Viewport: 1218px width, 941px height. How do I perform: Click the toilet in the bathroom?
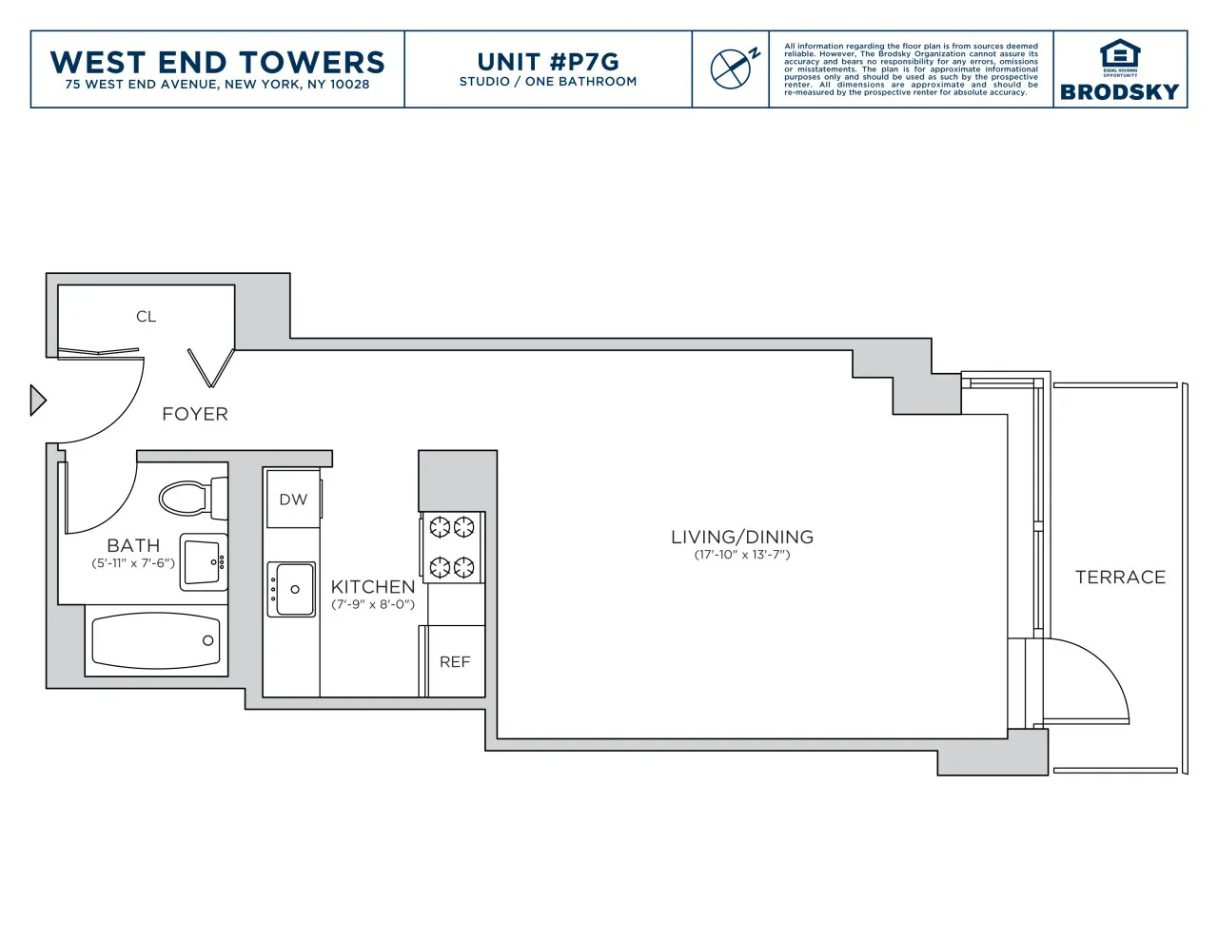click(x=190, y=498)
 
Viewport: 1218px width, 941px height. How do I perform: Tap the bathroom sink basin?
click(x=203, y=561)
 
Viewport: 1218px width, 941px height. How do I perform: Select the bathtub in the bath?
click(x=156, y=641)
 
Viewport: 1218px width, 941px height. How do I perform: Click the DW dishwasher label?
click(x=293, y=500)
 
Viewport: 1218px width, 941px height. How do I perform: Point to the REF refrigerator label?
click(x=455, y=662)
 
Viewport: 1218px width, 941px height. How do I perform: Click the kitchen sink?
click(x=292, y=589)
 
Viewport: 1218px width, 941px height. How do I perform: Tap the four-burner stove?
click(x=452, y=547)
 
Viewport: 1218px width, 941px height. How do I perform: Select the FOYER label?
click(x=195, y=414)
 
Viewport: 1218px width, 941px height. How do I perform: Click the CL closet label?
click(x=146, y=317)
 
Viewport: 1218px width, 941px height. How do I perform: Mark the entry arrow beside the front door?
click(x=37, y=400)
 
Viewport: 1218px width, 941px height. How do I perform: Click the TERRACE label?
click(x=1120, y=578)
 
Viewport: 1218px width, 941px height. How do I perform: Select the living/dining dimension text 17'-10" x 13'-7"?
click(x=742, y=555)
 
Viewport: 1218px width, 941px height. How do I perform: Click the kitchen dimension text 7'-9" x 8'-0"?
click(x=373, y=604)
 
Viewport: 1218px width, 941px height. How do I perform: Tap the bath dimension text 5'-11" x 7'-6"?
click(x=133, y=563)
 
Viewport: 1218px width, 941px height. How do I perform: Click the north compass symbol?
click(x=732, y=68)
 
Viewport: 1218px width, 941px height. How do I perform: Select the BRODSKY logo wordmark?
click(x=1119, y=92)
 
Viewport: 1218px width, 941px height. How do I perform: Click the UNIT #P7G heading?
click(x=548, y=62)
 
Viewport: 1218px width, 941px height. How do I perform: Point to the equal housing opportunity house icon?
click(x=1120, y=53)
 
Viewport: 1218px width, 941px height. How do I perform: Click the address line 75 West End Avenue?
click(x=217, y=85)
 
